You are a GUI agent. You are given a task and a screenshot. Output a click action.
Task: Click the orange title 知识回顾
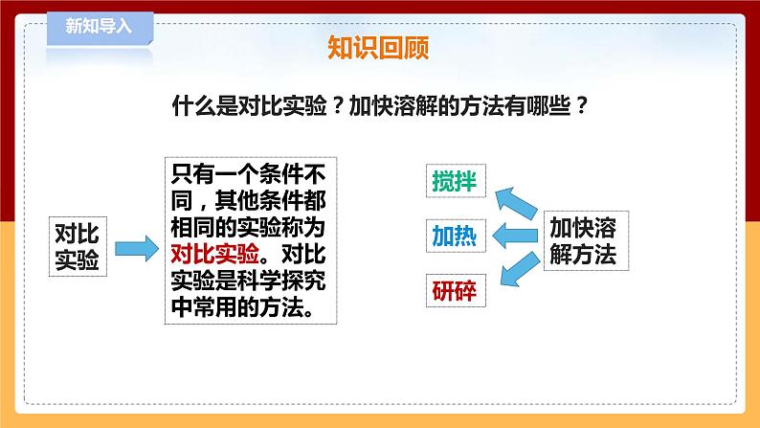[378, 48]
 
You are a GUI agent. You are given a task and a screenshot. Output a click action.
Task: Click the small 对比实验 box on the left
[79, 245]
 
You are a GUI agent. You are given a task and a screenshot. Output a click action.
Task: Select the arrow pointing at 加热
[515, 236]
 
